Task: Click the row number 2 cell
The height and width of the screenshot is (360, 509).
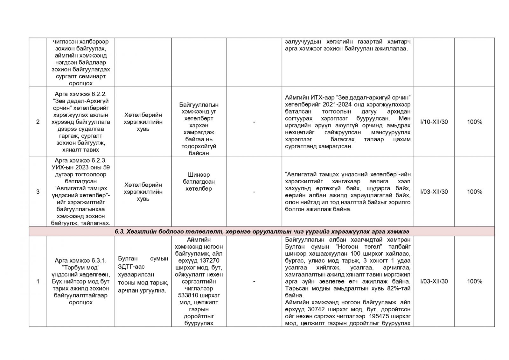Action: [x=38, y=122]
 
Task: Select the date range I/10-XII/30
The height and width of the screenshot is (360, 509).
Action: [x=434, y=122]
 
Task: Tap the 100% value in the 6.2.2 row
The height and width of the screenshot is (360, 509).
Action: [x=474, y=122]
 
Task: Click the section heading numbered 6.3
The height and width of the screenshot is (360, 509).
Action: [x=262, y=231]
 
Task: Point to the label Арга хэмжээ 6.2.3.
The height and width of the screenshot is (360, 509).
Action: [x=80, y=160]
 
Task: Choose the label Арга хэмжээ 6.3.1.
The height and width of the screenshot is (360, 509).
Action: [x=80, y=260]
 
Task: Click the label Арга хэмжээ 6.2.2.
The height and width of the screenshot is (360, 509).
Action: [x=80, y=94]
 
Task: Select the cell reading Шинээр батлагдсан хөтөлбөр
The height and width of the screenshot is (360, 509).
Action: [x=199, y=182]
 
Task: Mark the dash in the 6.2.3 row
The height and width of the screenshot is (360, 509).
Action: [x=254, y=192]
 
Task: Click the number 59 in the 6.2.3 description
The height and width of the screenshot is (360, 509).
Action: [x=107, y=167]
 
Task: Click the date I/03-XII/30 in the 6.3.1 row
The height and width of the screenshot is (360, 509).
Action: [x=434, y=281]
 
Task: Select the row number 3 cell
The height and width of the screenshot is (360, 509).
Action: [x=38, y=192]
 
